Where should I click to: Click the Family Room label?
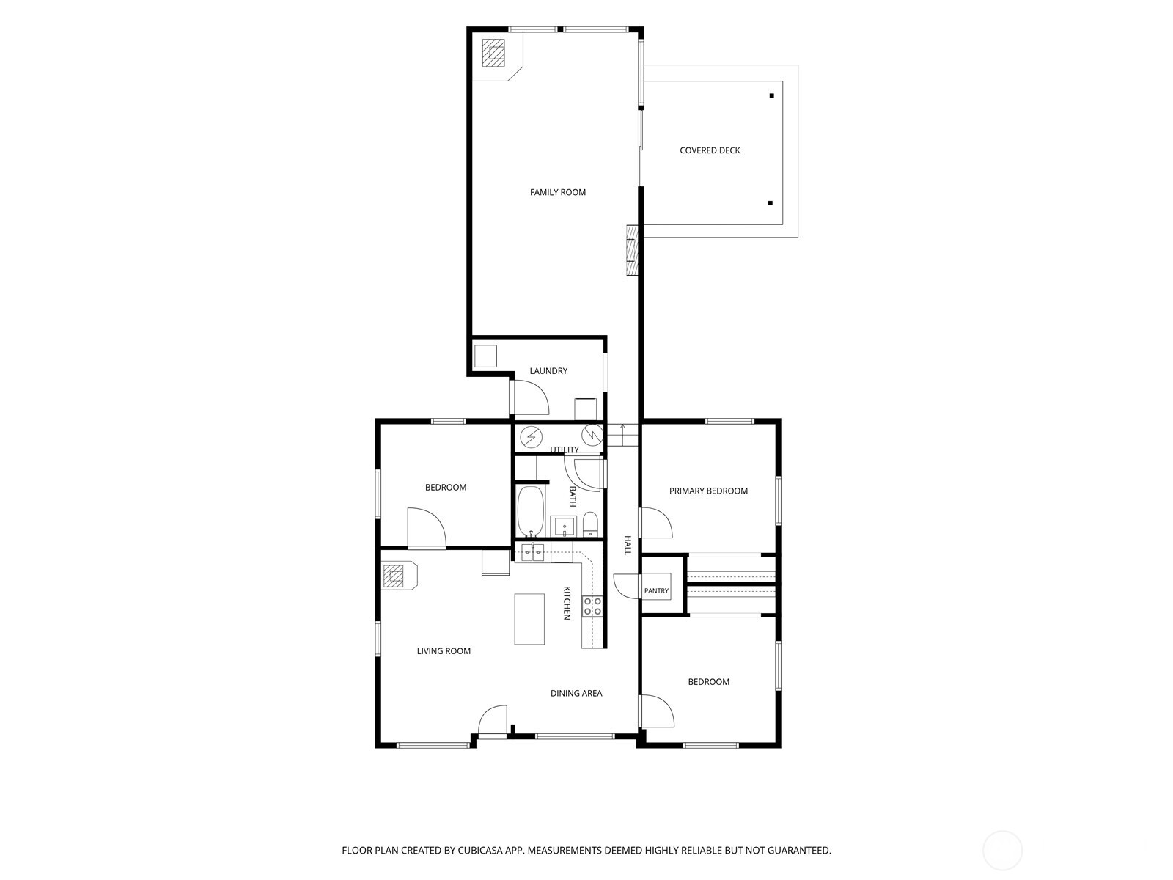[x=557, y=192]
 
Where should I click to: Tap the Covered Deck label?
[x=710, y=150]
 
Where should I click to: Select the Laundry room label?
[x=548, y=371]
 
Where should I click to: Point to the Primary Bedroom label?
[x=708, y=491]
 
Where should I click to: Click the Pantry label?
[x=656, y=590]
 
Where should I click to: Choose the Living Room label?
[x=444, y=650]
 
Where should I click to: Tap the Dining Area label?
[x=576, y=693]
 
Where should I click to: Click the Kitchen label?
[x=567, y=603]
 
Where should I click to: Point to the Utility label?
[x=565, y=450]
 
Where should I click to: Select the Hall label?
[x=628, y=545]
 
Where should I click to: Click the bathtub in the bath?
[x=530, y=510]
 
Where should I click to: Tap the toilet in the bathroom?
[x=590, y=524]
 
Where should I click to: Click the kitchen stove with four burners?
[x=592, y=606]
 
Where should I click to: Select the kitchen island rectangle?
[x=529, y=619]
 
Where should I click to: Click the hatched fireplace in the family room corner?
[x=493, y=52]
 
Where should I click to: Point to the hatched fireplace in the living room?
[x=393, y=576]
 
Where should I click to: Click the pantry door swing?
[x=626, y=586]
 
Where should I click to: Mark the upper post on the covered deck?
[x=771, y=95]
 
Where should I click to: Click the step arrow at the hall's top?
[x=622, y=430]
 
